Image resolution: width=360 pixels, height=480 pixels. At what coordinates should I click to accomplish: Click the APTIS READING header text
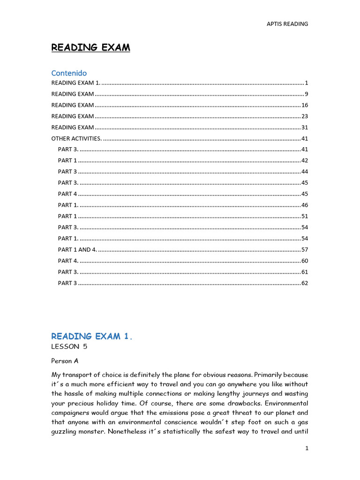tap(287, 24)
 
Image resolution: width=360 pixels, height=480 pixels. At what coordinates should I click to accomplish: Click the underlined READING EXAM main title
tap(90, 47)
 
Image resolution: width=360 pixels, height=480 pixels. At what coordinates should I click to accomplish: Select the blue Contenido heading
tap(69, 73)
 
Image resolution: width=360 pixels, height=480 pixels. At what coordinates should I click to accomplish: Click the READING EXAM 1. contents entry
tap(75, 83)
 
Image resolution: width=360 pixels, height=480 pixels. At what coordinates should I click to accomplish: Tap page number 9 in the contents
tap(306, 94)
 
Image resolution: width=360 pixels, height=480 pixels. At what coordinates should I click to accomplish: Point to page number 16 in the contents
tap(305, 105)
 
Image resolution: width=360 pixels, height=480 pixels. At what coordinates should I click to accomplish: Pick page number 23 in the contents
tap(305, 116)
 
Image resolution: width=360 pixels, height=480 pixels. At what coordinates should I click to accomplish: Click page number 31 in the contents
tap(305, 127)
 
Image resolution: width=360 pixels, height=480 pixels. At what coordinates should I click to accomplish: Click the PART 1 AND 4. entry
tap(77, 250)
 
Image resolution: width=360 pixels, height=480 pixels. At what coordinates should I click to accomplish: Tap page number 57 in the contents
tap(305, 250)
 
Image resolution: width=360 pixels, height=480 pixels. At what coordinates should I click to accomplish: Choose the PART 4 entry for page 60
tap(68, 261)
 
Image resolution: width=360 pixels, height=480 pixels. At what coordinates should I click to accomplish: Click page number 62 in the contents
tap(305, 283)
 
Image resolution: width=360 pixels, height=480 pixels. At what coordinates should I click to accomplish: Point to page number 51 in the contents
tap(305, 217)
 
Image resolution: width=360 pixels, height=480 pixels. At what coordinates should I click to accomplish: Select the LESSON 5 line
tap(69, 347)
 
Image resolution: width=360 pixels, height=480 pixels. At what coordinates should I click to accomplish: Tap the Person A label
tap(65, 361)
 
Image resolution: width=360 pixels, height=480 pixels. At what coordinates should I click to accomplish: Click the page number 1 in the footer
tap(307, 449)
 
